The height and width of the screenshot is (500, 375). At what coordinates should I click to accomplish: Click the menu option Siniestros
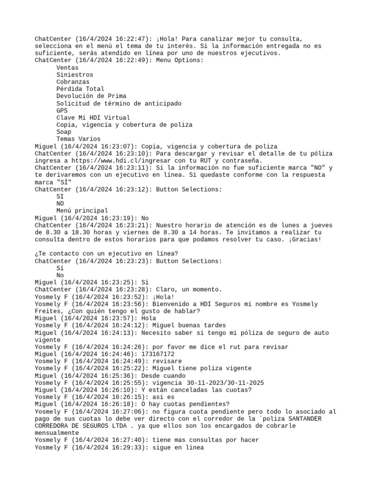[x=75, y=75]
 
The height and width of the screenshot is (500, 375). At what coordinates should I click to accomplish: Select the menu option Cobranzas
[x=73, y=82]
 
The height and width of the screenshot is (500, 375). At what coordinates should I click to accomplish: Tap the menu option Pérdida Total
[x=80, y=89]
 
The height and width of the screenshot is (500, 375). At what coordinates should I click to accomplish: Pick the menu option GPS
[x=62, y=110]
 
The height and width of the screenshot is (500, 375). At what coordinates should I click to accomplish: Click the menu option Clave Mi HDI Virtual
[x=93, y=118]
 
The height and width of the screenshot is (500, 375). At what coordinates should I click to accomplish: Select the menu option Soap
[x=64, y=132]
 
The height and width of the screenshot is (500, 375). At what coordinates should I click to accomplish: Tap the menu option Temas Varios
[x=78, y=139]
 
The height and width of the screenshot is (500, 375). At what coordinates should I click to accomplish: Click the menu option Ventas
[x=67, y=68]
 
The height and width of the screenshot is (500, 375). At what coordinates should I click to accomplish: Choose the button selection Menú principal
[x=82, y=210]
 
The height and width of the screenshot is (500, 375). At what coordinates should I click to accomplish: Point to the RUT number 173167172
[x=157, y=354]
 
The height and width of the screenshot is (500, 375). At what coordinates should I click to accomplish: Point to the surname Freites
[x=48, y=311]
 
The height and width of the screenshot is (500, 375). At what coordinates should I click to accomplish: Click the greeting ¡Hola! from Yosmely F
[x=164, y=297]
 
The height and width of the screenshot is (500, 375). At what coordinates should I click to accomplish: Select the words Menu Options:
[x=180, y=61]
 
